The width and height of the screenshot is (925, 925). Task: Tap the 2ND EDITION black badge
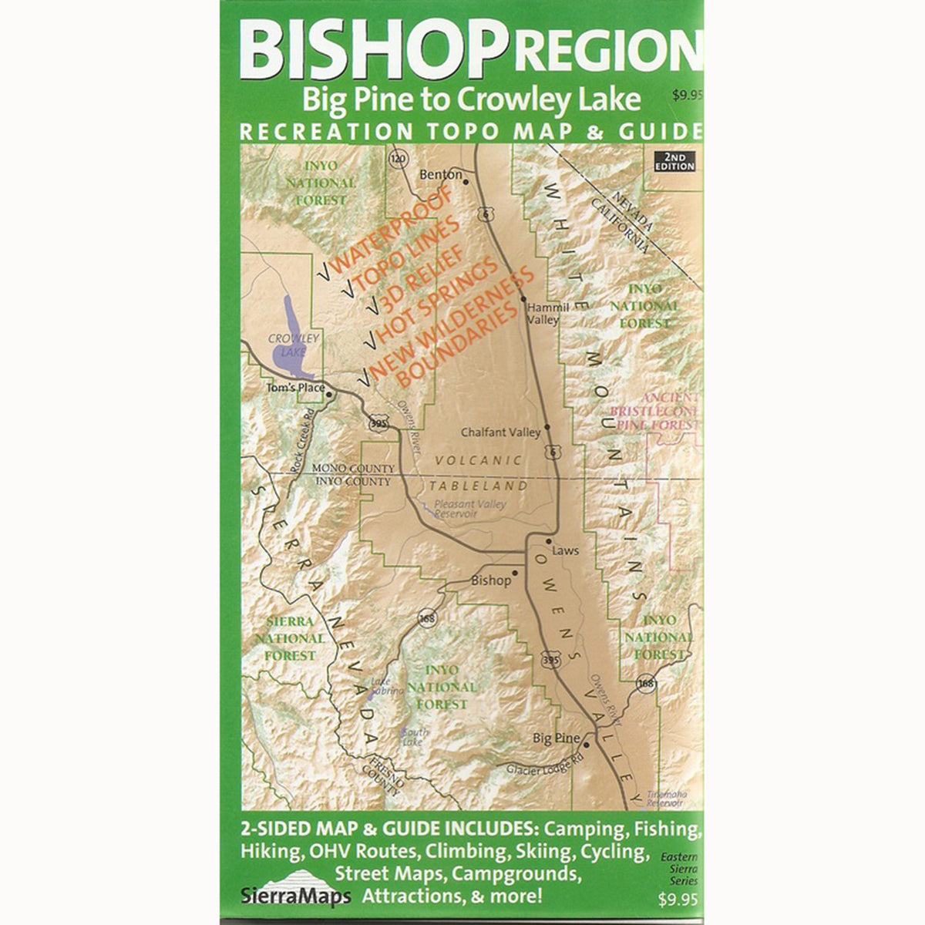tap(674, 161)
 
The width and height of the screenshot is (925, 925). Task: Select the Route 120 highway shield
tap(398, 160)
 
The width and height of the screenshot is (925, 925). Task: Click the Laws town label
tap(565, 550)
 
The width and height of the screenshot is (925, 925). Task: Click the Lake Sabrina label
tap(387, 686)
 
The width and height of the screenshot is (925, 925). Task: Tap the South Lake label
tap(414, 736)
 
